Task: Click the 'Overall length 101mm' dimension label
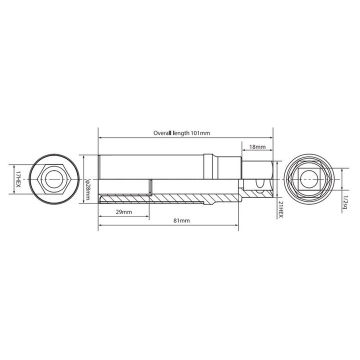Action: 181,133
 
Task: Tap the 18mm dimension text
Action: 257,147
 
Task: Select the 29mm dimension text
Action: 123,212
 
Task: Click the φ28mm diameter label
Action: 88,189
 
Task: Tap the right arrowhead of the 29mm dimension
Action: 147,216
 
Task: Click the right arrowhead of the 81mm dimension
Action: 237,225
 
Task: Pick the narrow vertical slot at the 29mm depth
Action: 150,188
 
